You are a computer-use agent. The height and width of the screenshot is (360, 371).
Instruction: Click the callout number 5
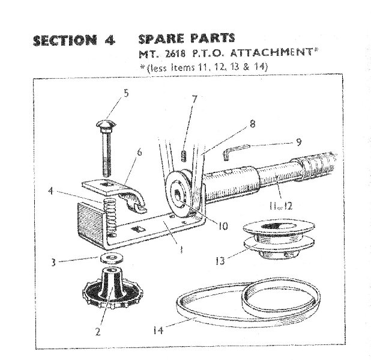(126, 93)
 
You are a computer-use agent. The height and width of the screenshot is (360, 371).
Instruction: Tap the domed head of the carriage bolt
(106, 123)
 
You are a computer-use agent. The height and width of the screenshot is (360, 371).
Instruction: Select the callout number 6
(140, 152)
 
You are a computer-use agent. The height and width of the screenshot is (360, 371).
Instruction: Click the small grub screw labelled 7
(184, 156)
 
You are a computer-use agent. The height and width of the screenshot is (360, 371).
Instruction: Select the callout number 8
(253, 124)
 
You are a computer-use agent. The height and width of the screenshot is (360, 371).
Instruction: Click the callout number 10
(223, 226)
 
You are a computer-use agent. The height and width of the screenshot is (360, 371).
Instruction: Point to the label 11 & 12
(281, 206)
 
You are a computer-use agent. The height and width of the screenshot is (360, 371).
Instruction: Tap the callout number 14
(158, 330)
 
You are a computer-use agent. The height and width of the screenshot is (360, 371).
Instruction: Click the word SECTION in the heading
(65, 40)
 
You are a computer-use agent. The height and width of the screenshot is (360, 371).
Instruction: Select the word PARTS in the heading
(211, 38)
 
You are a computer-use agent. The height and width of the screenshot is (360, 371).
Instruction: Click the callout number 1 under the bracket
(181, 249)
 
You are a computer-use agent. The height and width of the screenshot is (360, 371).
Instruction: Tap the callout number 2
(98, 332)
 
